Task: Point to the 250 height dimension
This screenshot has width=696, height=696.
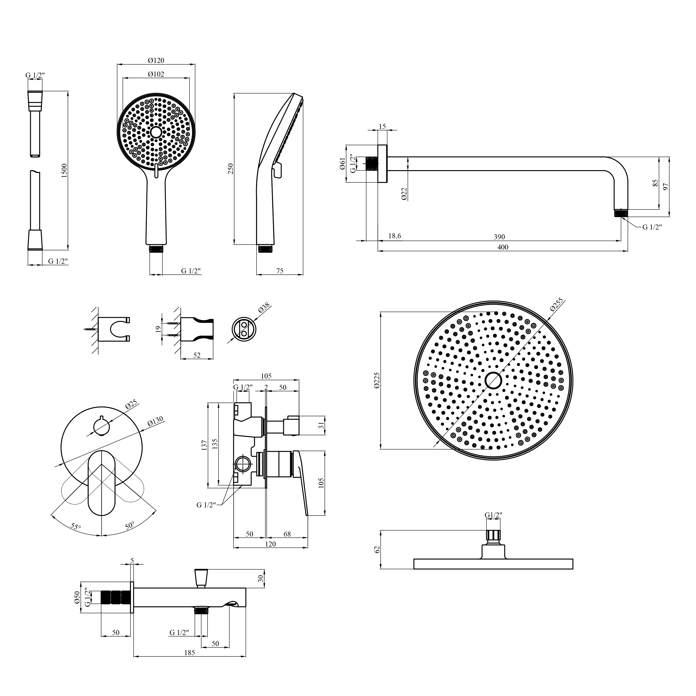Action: tap(231, 169)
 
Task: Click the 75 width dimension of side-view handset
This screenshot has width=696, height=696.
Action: tap(280, 271)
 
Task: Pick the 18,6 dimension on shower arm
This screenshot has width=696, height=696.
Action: tap(394, 236)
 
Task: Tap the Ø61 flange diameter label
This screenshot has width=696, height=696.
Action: tap(343, 163)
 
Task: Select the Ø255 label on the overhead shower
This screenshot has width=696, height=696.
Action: tap(557, 305)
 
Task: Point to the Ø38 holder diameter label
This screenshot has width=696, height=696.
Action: tap(264, 308)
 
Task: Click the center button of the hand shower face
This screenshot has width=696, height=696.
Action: tap(156, 132)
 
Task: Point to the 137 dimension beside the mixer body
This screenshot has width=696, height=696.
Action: tap(204, 445)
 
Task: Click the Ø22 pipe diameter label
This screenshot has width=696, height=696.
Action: tap(404, 194)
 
